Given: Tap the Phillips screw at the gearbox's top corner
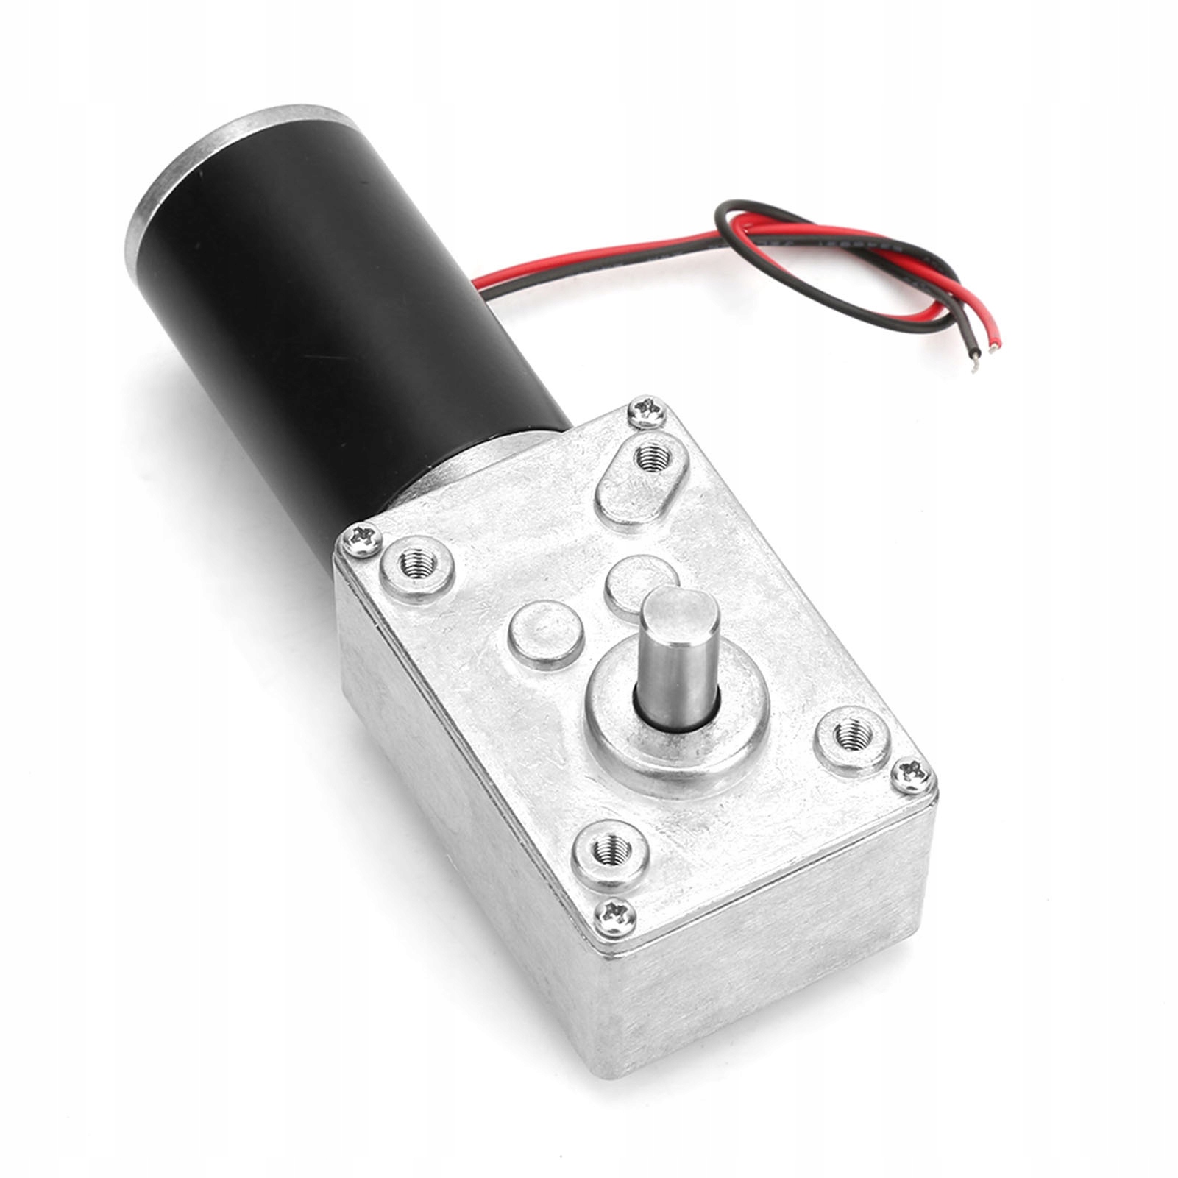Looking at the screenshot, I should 647,411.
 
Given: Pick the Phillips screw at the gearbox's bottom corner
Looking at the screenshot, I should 614,917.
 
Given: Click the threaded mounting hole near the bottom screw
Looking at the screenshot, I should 610,854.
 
